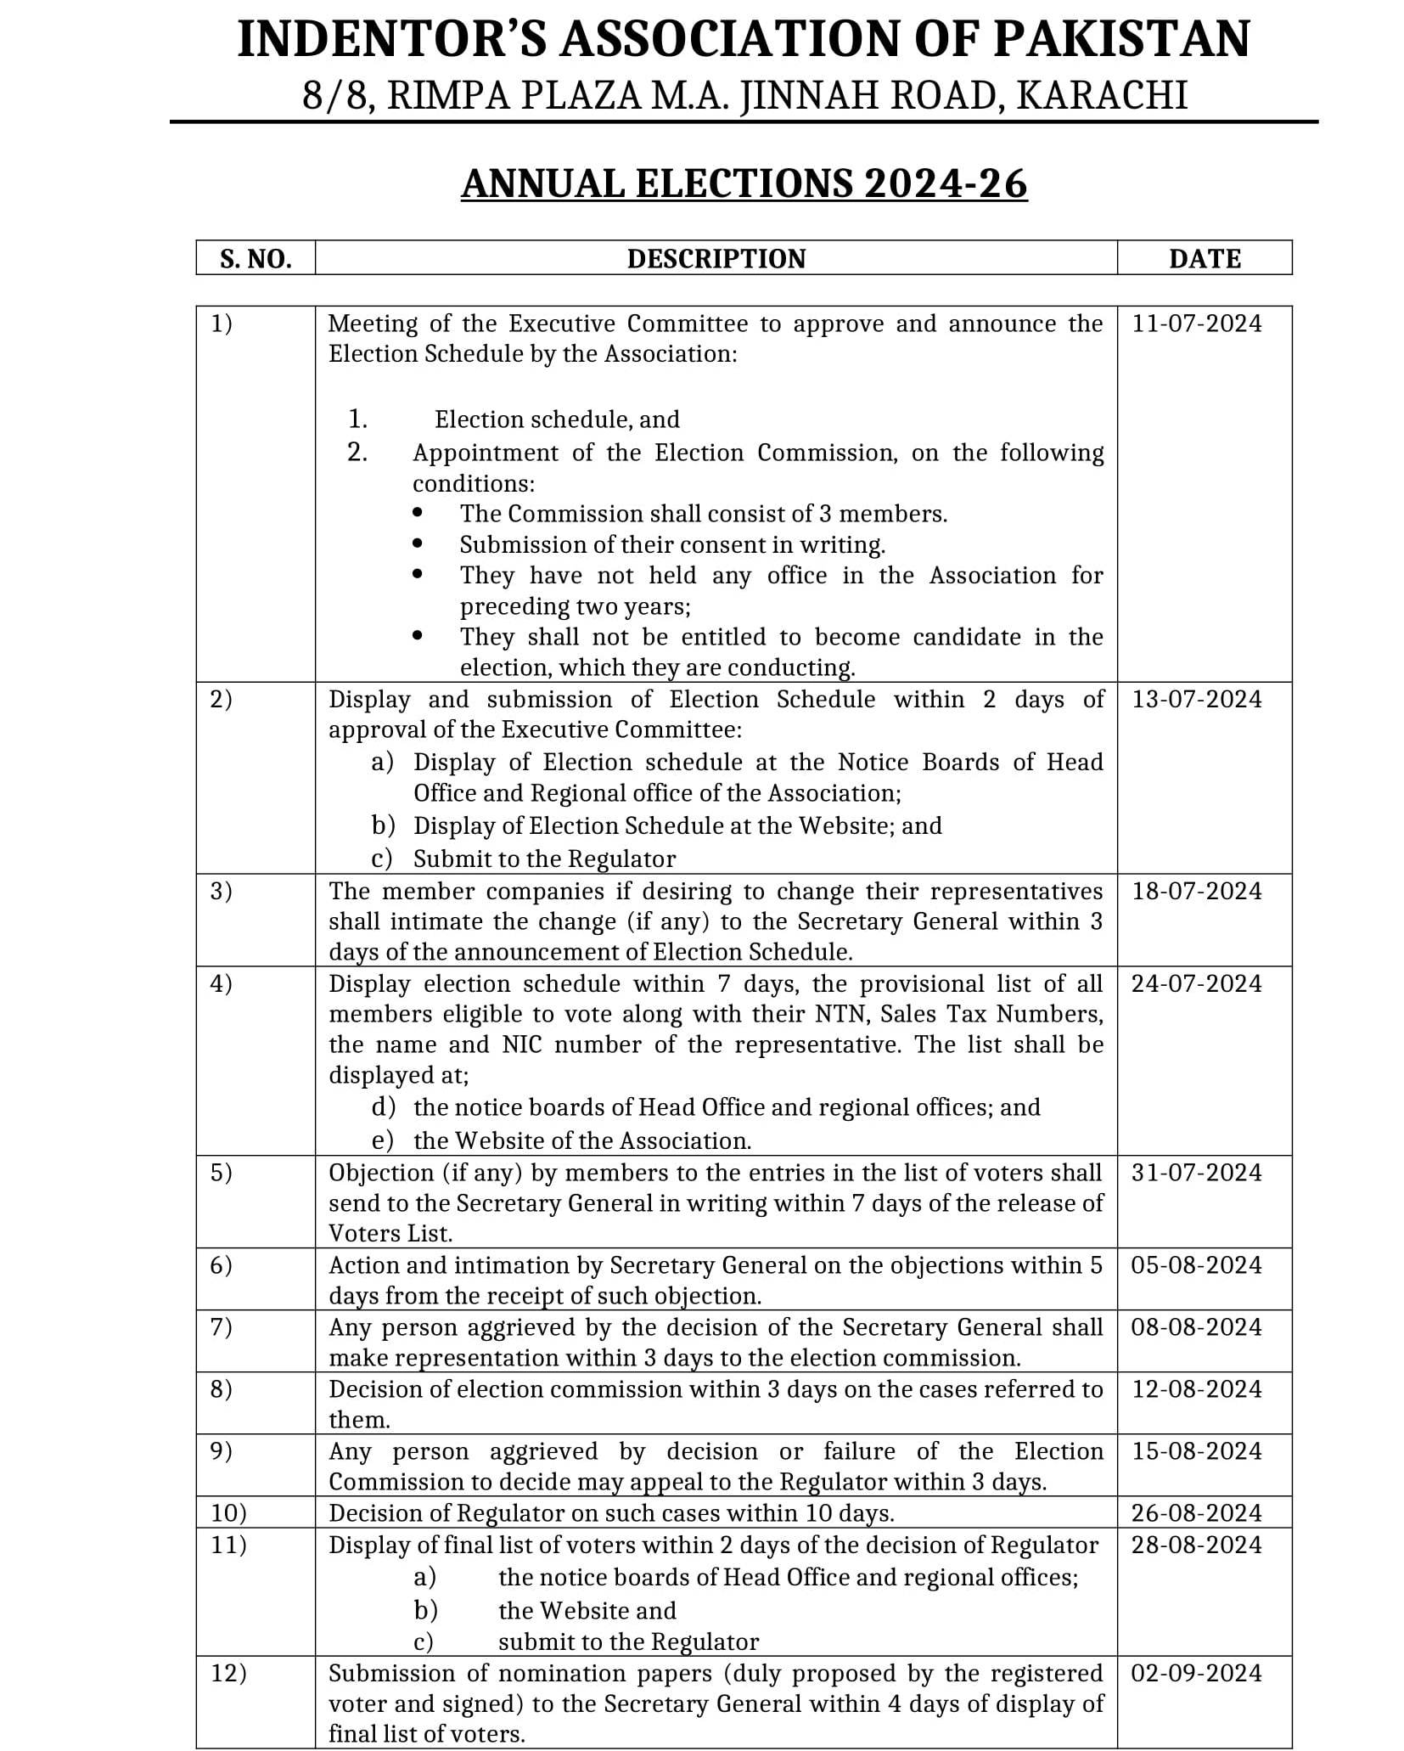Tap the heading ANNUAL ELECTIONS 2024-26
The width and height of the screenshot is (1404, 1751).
pos(744,183)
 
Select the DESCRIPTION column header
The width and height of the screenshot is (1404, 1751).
pos(716,258)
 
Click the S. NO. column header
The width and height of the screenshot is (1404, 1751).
pos(256,258)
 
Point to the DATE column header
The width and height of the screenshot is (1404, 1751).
pos(1204,258)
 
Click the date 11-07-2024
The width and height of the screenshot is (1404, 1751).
pos(1197,324)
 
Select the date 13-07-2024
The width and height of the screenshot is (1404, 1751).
pos(1197,699)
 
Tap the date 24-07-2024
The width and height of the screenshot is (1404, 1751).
pos(1197,983)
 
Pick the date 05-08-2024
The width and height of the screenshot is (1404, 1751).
pos(1197,1265)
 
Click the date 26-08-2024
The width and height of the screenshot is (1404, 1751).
pos(1197,1512)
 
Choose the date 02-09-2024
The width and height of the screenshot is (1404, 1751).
pos(1197,1673)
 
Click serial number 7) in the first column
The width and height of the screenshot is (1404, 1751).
pos(221,1327)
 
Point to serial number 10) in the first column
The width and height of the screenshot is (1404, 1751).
pos(228,1512)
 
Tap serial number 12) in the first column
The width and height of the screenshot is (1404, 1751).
pos(228,1673)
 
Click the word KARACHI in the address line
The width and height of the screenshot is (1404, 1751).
pos(1101,96)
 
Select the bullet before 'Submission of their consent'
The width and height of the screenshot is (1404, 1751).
pos(417,543)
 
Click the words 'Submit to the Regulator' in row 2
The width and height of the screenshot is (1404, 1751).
pos(544,859)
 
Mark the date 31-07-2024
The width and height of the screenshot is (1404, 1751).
pos(1197,1173)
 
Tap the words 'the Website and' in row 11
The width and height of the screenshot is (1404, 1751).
pos(587,1611)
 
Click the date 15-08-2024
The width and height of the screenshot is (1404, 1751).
pos(1197,1450)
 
